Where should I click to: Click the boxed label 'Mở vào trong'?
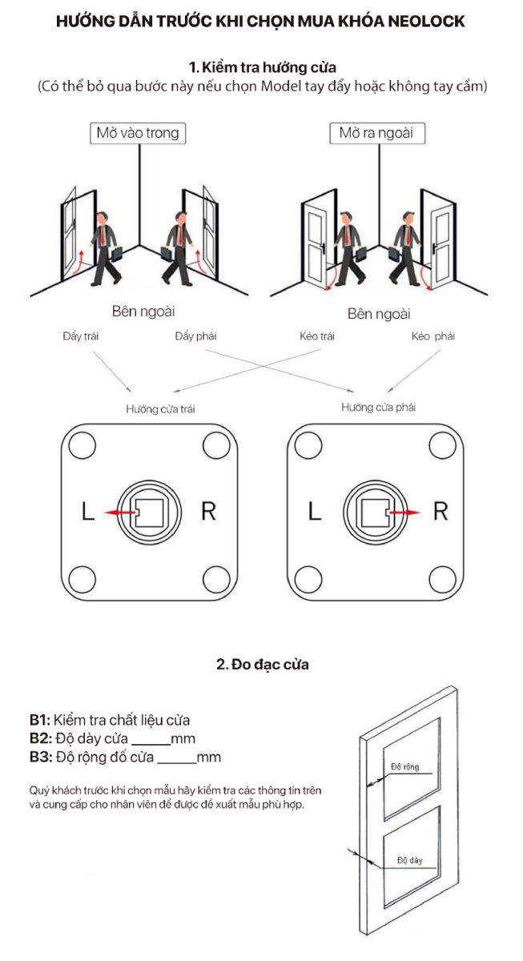pos(138,133)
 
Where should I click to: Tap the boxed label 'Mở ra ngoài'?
pos(377,133)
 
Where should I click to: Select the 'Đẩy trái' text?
pos(80,336)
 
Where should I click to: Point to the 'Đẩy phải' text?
pos(195,336)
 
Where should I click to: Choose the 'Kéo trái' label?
pos(317,336)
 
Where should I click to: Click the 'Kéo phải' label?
pos(433,336)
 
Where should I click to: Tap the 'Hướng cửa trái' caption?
pos(160,409)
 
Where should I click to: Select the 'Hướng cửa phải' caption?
pos(378,407)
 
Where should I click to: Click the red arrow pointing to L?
pos(121,513)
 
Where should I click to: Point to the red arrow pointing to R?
pos(404,512)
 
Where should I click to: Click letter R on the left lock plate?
pos(208,512)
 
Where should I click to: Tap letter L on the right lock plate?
pos(315,512)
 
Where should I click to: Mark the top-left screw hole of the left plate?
pos(82,445)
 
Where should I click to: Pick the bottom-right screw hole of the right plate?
pos(442,579)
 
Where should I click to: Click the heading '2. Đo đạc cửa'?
pos(263,664)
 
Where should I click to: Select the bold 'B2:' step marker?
pos(41,738)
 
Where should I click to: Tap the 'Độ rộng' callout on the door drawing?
pos(404,766)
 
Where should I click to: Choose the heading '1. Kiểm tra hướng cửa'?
pos(263,67)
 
